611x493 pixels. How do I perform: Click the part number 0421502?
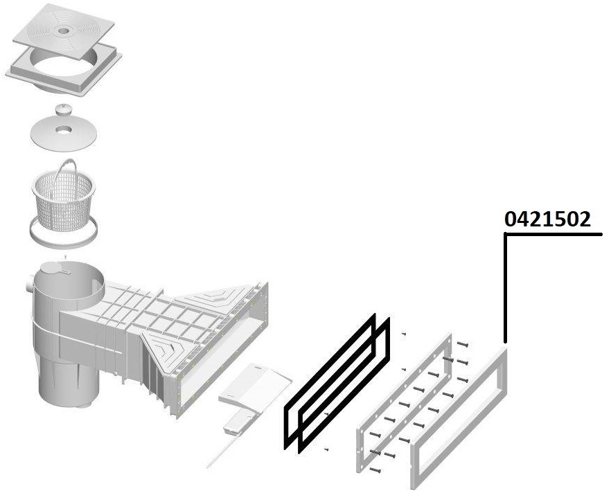coord(547,219)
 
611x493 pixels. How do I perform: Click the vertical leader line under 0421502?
coord(506,288)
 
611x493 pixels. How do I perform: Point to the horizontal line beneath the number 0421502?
coord(554,235)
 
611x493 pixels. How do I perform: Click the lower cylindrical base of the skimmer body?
coord(68,384)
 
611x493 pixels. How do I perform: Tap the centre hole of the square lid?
coord(63,30)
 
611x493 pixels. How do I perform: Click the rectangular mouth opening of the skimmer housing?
coord(223,350)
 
